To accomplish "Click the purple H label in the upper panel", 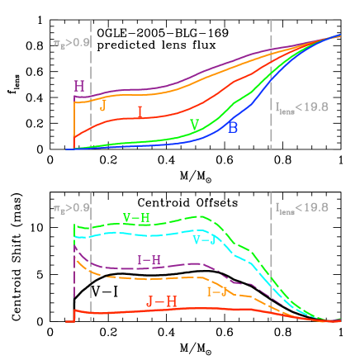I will (x=79, y=86).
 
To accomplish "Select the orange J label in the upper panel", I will (x=102, y=106).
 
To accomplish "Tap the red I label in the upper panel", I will (x=140, y=113).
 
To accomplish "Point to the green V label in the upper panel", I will (x=195, y=124).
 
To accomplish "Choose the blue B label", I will (x=234, y=127).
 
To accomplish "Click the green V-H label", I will (x=136, y=218).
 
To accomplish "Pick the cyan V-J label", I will (x=204, y=239).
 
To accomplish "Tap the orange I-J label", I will (x=217, y=291).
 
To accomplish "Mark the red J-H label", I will (x=161, y=302).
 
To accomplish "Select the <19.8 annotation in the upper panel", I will (x=301, y=107).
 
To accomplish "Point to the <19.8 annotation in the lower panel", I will (x=301, y=207).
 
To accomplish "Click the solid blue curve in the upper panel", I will (x=165, y=144).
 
